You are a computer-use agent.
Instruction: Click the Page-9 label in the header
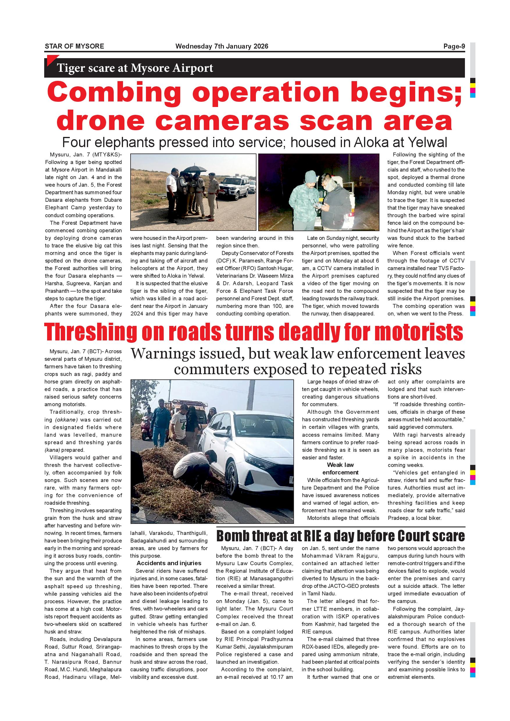(454, 47)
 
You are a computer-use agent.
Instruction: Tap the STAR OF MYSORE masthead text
(74, 47)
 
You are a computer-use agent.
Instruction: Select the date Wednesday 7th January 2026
(222, 47)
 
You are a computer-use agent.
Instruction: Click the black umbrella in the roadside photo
(195, 169)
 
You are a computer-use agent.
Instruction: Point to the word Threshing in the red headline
(91, 332)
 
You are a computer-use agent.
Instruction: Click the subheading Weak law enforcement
(340, 469)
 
